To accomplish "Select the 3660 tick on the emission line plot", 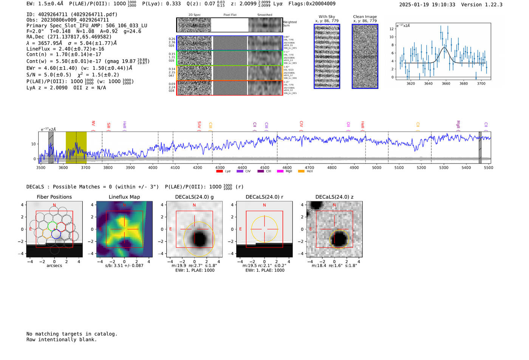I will (x=446, y=83).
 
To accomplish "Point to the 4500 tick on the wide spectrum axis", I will (x=264, y=167).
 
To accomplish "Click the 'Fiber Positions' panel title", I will (x=54, y=197).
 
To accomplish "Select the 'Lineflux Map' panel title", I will (x=124, y=197).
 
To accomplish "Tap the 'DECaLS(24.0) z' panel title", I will (x=334, y=197).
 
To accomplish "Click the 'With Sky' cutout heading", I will (x=327, y=17).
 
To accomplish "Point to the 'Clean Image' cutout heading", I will (x=365, y=17).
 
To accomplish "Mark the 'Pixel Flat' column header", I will (x=230, y=15).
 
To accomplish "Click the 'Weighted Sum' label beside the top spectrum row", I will (x=289, y=24).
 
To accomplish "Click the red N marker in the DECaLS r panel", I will (x=264, y=205).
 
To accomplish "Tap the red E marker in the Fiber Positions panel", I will (x=31, y=229).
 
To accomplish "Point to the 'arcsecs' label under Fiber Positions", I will (x=54, y=266).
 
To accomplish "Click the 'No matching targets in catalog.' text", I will (x=72, y=334).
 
